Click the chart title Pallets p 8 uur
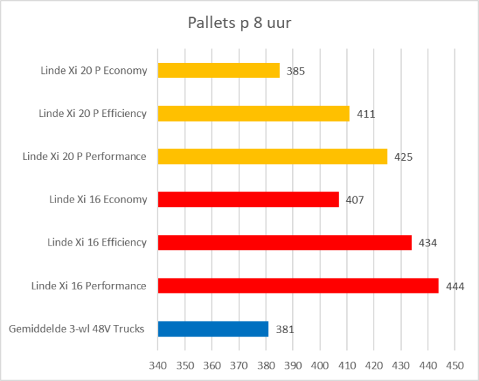(239, 24)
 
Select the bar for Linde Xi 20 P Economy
(218, 70)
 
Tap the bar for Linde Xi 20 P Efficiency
(253, 114)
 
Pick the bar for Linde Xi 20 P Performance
(272, 157)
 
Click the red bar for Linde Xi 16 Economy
(248, 200)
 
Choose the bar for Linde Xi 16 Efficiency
(285, 243)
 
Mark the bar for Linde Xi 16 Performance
(298, 286)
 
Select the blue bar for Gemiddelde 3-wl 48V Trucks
(213, 329)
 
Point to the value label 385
(296, 70)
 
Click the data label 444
(455, 286)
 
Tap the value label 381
(285, 329)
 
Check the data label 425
(403, 157)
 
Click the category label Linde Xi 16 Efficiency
(96, 242)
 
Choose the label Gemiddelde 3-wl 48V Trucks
(77, 329)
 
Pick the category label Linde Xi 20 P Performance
(84, 156)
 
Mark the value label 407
(354, 200)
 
